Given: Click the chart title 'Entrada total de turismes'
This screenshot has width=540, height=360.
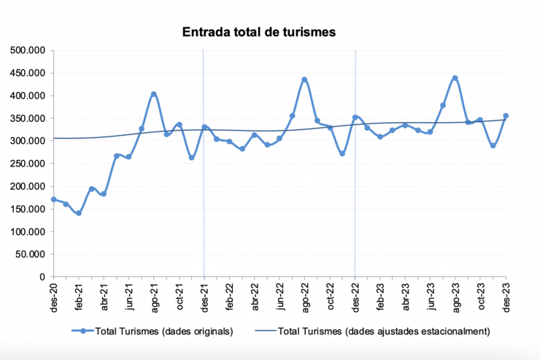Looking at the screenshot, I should (x=258, y=32).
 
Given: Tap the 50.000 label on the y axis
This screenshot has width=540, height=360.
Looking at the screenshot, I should (x=31, y=254).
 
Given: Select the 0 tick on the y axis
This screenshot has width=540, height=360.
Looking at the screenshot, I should (x=43, y=277).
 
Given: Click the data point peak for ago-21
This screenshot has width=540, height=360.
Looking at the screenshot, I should (x=154, y=94).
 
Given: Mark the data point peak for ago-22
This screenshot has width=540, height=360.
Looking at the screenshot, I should (x=304, y=80).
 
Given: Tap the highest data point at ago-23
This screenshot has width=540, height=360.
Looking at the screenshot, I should (x=455, y=78).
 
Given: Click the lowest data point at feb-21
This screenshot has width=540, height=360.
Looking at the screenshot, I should (x=79, y=213).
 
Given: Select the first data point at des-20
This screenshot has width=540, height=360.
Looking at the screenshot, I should (x=53, y=199).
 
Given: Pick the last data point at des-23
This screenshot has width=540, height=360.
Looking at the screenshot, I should (x=506, y=116).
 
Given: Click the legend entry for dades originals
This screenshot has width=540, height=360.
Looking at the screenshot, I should (x=153, y=331).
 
